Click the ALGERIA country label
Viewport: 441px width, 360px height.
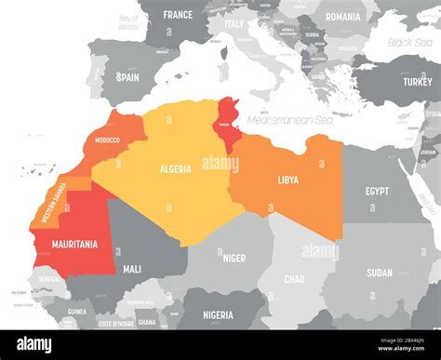175,169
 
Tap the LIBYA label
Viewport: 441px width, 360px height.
288,180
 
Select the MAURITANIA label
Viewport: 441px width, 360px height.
75,245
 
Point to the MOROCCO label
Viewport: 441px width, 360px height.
107,140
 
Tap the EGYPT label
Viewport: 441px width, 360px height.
377,191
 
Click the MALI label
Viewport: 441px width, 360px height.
132,269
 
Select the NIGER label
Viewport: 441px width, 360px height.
233,259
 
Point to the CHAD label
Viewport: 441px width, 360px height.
294,279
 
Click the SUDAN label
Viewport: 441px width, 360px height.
380,273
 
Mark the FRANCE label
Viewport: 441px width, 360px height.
177,15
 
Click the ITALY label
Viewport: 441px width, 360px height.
234,24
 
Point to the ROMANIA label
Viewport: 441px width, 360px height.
343,16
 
